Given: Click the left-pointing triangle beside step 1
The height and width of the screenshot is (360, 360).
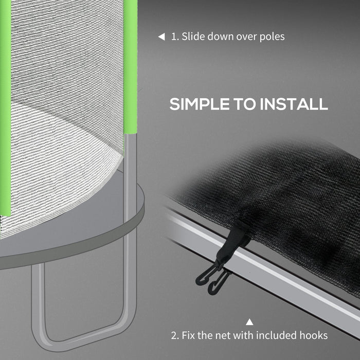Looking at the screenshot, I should (x=161, y=37).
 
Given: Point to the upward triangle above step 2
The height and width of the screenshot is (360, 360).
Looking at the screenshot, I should (x=249, y=322).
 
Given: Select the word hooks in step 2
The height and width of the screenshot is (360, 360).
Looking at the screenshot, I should (x=314, y=336).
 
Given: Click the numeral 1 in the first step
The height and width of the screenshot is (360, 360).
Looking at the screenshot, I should (x=174, y=37).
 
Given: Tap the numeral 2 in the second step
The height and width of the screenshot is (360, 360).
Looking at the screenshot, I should (x=174, y=336).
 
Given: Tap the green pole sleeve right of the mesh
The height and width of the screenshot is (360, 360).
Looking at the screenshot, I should (x=131, y=67).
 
